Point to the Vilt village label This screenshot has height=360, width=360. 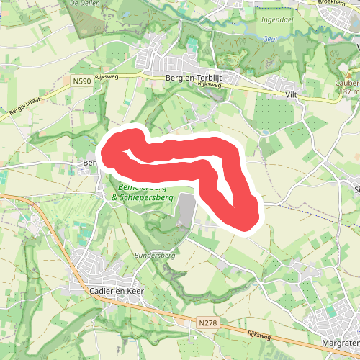click(x=291, y=94)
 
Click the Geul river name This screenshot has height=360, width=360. click(x=270, y=40)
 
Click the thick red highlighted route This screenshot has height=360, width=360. click(x=180, y=153)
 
